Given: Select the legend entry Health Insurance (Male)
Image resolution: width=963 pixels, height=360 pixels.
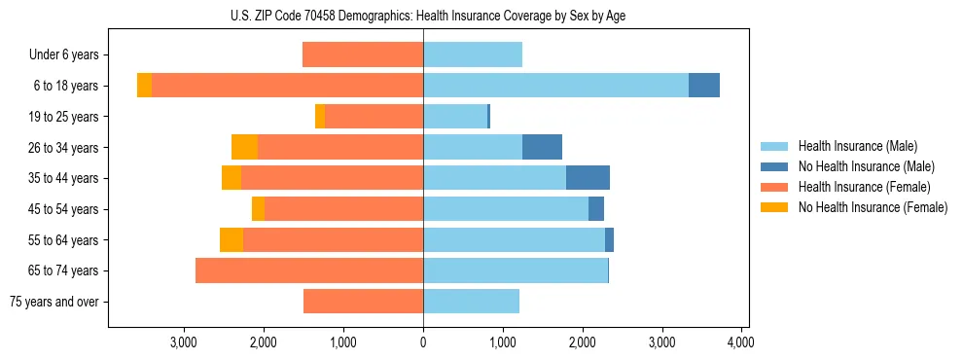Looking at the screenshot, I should (856, 146).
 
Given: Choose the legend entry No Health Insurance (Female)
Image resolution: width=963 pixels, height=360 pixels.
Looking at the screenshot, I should (873, 207).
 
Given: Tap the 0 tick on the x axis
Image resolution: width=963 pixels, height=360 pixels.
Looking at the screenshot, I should (423, 342).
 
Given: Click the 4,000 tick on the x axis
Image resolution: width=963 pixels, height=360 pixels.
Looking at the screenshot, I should (741, 342).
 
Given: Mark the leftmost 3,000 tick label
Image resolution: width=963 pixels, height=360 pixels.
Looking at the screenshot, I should (184, 342).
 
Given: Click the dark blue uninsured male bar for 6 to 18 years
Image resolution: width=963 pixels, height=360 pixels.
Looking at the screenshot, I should (704, 86).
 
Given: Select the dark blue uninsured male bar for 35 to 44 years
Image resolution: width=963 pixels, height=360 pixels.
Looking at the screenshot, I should (588, 178).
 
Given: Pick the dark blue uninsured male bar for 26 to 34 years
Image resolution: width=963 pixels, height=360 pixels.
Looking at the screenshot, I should (542, 147).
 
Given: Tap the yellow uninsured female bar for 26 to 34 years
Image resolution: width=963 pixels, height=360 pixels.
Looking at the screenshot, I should (244, 147).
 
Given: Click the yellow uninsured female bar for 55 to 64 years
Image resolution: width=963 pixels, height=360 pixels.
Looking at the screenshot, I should (232, 239).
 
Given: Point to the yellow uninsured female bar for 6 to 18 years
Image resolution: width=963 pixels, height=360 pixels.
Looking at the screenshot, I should (144, 86).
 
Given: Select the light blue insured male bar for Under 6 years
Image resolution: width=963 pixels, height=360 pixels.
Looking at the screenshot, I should (473, 54).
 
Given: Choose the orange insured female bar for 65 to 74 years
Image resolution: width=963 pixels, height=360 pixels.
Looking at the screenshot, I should (309, 270).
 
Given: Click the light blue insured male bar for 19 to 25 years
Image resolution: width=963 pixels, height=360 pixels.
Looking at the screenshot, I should (454, 117).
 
